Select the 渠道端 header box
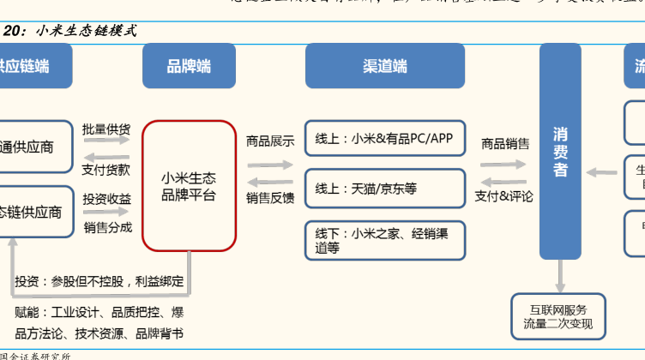(x=384, y=66)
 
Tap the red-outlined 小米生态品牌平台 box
(x=190, y=185)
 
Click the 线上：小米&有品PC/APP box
(x=384, y=138)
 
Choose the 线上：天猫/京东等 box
(x=384, y=189)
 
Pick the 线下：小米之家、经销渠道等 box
(x=384, y=240)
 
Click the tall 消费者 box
(x=560, y=152)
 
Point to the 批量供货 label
(x=106, y=129)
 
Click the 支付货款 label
(x=106, y=170)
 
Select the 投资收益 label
(x=107, y=199)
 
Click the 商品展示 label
(x=270, y=141)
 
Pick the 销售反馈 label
(x=270, y=198)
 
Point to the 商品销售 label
(x=505, y=143)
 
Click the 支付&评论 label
(x=504, y=196)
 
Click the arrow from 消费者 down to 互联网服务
(x=560, y=276)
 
